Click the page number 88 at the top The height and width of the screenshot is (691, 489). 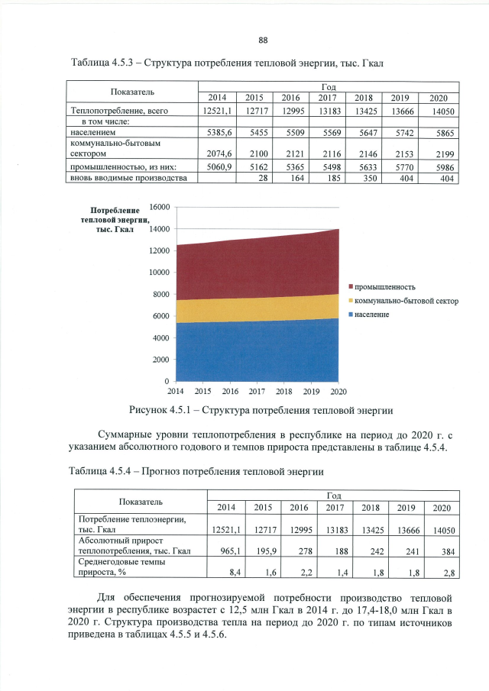tap(262, 40)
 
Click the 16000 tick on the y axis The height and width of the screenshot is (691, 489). tap(158, 207)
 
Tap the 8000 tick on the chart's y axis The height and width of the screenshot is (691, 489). tap(160, 294)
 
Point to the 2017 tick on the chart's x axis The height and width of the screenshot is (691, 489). tap(257, 391)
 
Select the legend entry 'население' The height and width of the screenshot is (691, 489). tap(374, 314)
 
